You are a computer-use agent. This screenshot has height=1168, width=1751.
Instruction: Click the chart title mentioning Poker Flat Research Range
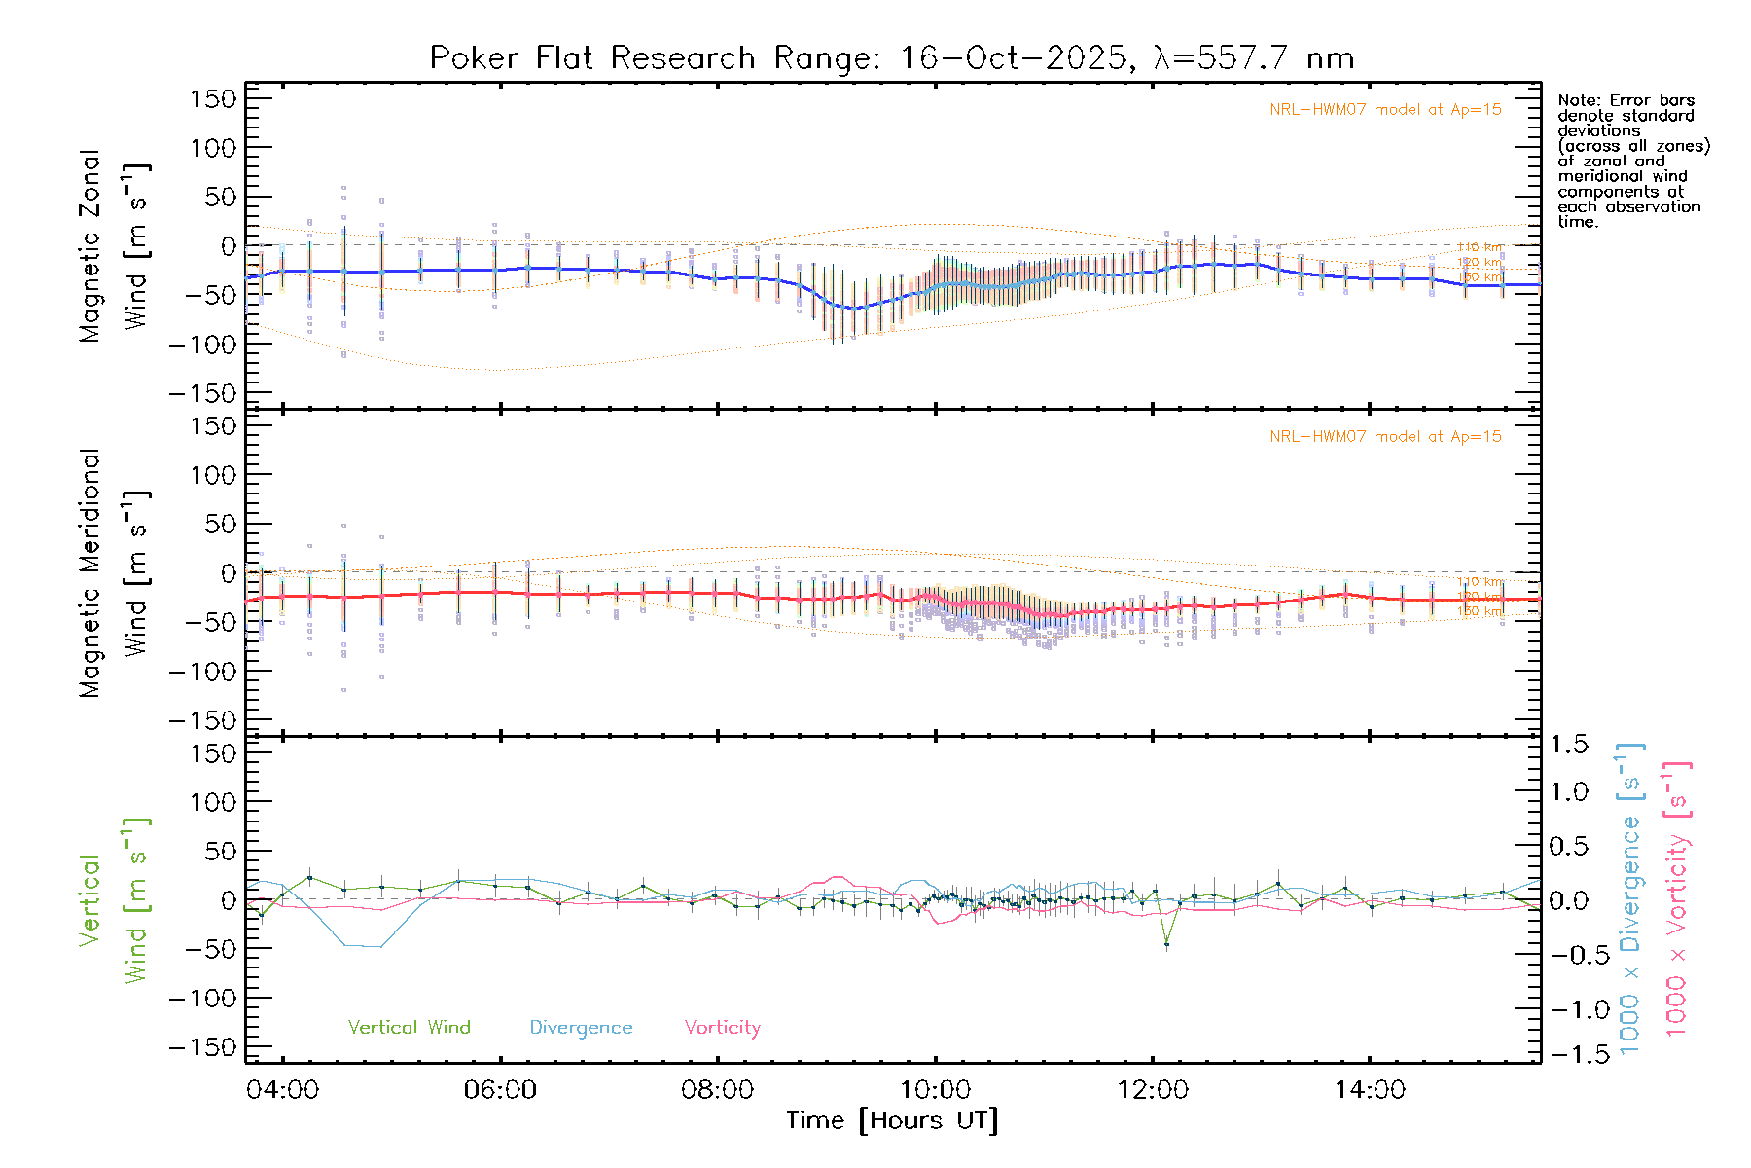(x=891, y=58)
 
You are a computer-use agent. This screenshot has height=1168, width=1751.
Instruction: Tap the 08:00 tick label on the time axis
(x=717, y=1090)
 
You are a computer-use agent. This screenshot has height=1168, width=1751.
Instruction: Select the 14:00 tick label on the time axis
(x=1370, y=1090)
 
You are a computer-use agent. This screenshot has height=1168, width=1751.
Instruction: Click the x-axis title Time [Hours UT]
(x=892, y=1121)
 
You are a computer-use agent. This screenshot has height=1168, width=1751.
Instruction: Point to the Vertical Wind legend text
(x=409, y=1028)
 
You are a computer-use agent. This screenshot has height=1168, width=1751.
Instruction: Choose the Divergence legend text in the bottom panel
(x=581, y=1028)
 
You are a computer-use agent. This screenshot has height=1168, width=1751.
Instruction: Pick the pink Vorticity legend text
(x=722, y=1028)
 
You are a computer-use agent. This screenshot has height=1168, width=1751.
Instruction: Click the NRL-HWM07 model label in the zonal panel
(x=1385, y=110)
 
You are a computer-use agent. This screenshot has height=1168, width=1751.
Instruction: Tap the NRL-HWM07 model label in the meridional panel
(x=1385, y=437)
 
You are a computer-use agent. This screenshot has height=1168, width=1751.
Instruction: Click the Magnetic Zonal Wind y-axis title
(x=114, y=246)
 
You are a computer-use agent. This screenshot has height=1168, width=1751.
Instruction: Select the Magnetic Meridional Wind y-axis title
(x=114, y=573)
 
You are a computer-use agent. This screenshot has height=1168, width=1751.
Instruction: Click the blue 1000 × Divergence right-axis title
(x=1630, y=898)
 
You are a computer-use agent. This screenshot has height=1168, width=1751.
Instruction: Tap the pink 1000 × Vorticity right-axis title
(x=1677, y=898)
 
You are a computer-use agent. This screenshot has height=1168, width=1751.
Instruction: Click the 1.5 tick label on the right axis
(x=1569, y=745)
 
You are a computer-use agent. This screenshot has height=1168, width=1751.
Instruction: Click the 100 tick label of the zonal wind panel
(x=213, y=148)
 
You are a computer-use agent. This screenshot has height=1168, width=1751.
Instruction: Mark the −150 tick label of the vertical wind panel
(x=202, y=1047)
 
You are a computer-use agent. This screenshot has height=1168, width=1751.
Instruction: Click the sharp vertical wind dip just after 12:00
(x=1166, y=944)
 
